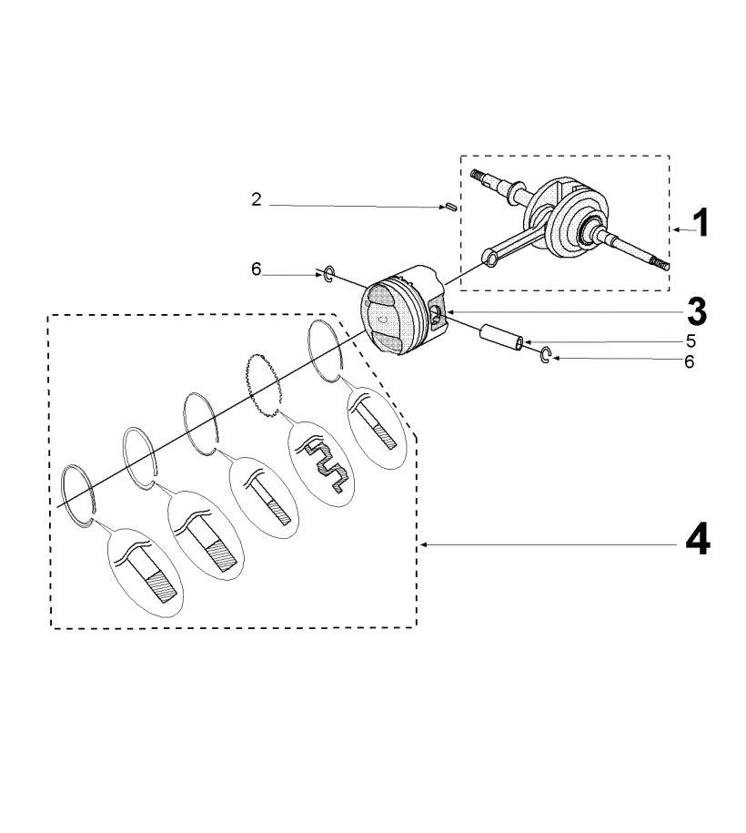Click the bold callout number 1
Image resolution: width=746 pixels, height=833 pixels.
[x=701, y=223]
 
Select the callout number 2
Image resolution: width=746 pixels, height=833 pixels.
[x=257, y=199]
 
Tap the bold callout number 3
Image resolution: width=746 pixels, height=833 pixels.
[x=697, y=312]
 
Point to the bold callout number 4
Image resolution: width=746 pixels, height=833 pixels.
[x=698, y=539]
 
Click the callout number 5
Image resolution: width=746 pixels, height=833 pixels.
[x=691, y=340]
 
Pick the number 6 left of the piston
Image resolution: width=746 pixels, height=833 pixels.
[x=257, y=269]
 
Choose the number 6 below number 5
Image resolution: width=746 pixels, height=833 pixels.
[x=690, y=361]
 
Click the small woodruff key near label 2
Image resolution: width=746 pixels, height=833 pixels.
[x=451, y=208]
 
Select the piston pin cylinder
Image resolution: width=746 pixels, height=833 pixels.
[x=502, y=339]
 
